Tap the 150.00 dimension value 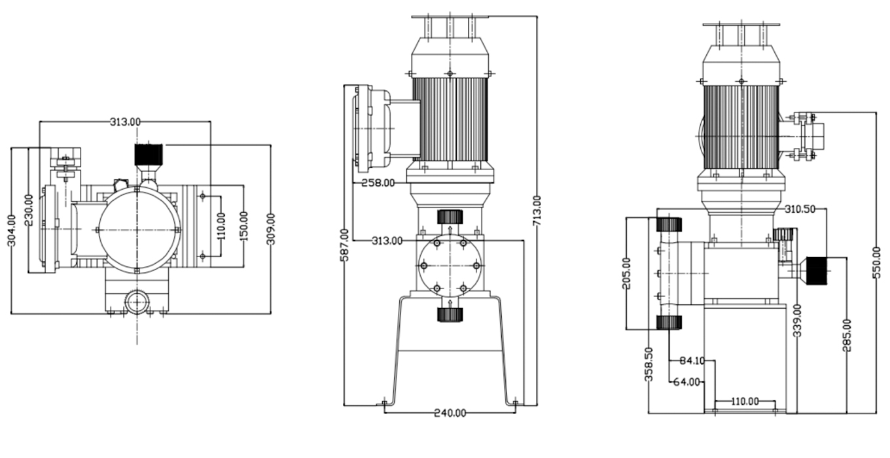244,226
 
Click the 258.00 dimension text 378,183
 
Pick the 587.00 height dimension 344,245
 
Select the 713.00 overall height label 537,209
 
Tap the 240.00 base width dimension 450,413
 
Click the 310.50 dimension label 799,209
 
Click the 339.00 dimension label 797,321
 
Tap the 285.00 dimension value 847,335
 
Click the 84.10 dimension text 692,360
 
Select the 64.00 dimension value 687,381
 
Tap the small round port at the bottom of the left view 137,302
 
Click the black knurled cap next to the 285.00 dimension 816,270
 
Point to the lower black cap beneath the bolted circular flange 450,314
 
